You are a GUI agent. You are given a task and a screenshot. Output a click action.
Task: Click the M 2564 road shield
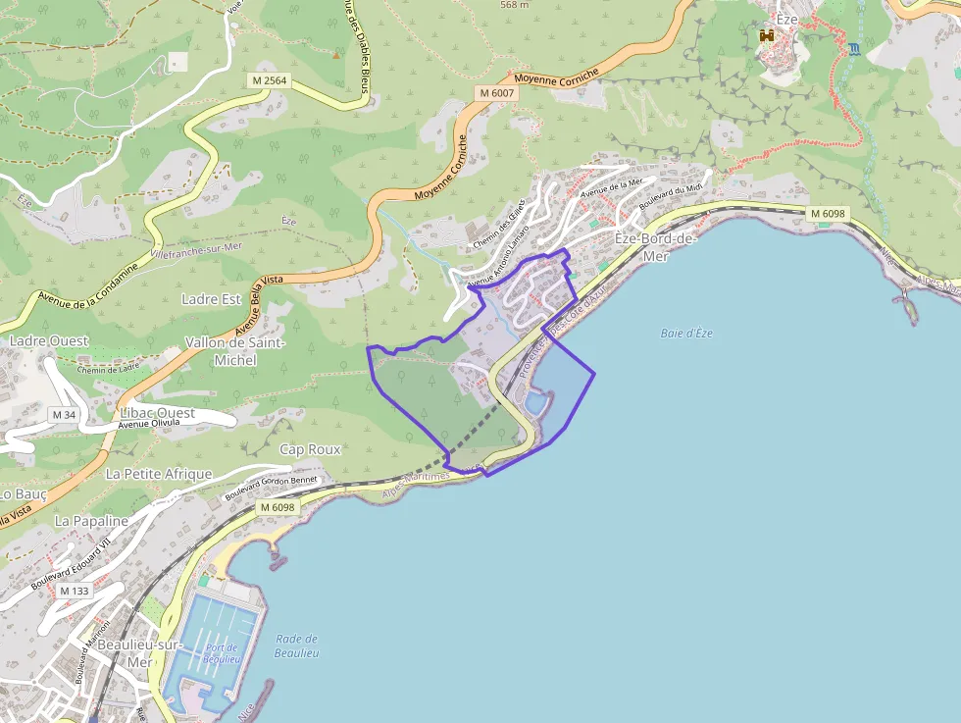coord(268,80)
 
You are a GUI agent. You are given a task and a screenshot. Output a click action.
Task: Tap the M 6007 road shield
coord(496,92)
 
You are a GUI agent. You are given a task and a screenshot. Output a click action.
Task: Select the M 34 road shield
coord(64,415)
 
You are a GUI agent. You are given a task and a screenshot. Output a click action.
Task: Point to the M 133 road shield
coord(74,591)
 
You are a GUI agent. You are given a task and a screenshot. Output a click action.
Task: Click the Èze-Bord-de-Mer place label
coord(654,247)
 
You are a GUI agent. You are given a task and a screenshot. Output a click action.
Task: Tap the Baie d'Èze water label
coord(686,334)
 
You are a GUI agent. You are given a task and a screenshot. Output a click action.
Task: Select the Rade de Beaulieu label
coord(295,646)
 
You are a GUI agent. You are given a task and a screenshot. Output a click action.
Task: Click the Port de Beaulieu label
coord(223,652)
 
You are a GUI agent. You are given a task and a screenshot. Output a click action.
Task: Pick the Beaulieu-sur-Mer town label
coord(139,652)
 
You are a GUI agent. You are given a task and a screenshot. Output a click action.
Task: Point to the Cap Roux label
coord(310,449)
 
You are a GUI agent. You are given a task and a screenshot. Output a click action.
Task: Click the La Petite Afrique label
coord(159,474)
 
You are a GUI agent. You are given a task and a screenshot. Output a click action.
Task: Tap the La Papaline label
coord(91,520)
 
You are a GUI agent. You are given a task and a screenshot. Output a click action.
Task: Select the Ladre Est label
coord(211,298)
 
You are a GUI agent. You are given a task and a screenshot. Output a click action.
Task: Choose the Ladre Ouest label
coord(49,340)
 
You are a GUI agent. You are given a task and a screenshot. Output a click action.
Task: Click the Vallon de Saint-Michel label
coord(235,351)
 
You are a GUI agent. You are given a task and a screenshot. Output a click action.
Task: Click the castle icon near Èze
coord(767,35)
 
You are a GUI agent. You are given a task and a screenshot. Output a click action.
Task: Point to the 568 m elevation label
coord(514,5)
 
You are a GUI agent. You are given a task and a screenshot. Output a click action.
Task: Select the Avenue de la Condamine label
coord(88,285)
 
